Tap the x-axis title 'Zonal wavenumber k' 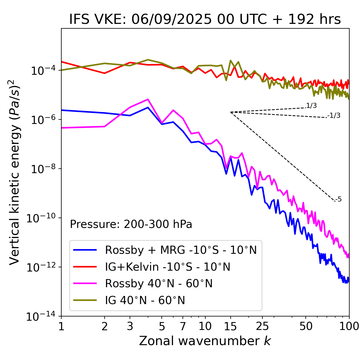click(205, 341)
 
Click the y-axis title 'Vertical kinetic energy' click(15, 172)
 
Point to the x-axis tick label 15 click(230, 326)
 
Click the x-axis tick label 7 click(183, 326)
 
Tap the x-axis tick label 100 click(349, 326)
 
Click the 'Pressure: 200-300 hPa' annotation click(131, 224)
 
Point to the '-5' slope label click(338, 199)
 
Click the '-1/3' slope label click(334, 115)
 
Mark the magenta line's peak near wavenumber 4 click(148, 99)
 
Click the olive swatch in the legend click(85, 300)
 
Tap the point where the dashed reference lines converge click(231, 112)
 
